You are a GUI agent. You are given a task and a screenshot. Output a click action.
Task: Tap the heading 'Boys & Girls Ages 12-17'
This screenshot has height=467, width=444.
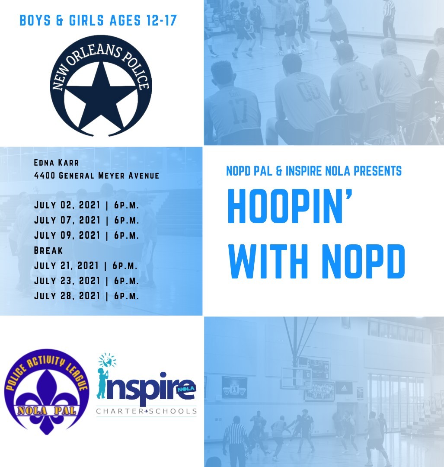pos(98,21)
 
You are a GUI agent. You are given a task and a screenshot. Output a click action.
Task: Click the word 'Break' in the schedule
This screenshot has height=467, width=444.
pos(48,250)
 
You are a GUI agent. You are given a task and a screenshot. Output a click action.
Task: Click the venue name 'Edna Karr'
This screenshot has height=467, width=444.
pos(56,163)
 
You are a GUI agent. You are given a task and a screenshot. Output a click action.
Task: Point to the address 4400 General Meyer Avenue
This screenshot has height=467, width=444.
pos(96,176)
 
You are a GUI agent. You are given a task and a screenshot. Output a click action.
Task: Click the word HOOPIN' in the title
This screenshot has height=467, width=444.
pos(290,206)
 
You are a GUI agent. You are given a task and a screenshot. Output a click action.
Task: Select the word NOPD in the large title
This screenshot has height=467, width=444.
pos(364,261)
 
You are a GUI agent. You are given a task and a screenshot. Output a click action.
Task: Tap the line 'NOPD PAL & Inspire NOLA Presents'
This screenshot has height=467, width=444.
pos(314,171)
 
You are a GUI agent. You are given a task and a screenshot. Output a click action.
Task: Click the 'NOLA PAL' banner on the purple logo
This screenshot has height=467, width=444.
pos(47,411)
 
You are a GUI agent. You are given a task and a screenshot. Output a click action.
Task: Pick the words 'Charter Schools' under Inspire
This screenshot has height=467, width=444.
pos(146,411)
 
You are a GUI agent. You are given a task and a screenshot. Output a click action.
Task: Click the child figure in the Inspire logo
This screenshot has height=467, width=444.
pos(102,383)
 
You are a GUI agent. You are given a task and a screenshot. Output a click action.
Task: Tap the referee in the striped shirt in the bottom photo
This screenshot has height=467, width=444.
pos(235,441)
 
